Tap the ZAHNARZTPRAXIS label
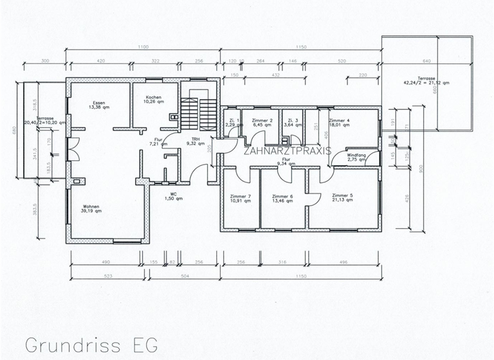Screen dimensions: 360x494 (x=287, y=151)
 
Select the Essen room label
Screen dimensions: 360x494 (x=100, y=105)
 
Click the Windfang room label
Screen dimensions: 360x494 (x=356, y=157)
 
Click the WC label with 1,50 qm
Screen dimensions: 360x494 (x=173, y=196)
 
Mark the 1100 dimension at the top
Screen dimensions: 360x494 (x=143, y=48)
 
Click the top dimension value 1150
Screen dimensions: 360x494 (x=300, y=48)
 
